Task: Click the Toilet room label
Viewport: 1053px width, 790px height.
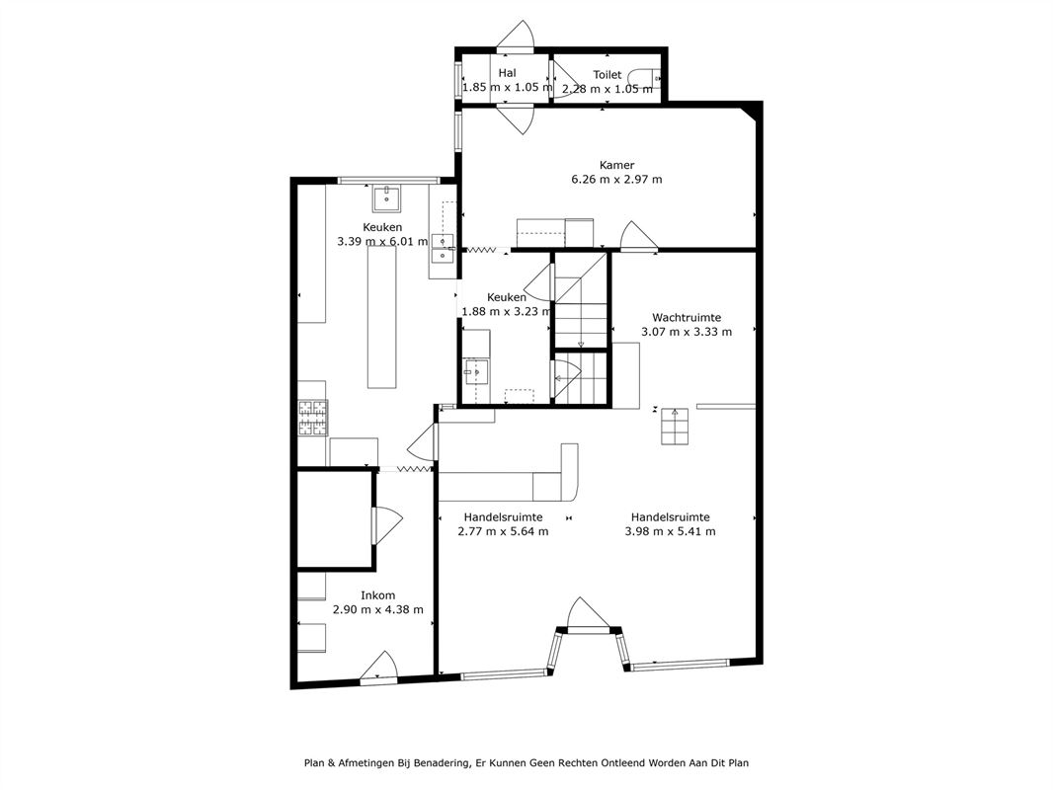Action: tap(607, 74)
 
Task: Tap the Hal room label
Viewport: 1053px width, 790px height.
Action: tap(507, 72)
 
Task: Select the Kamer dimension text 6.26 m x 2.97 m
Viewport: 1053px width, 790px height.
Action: tap(616, 179)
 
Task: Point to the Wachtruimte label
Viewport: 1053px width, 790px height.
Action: tap(687, 317)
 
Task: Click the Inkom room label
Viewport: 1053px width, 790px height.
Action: tap(378, 595)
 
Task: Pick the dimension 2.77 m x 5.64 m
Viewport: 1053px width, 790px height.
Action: tap(503, 531)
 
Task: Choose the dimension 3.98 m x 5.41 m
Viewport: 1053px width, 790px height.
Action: tap(670, 531)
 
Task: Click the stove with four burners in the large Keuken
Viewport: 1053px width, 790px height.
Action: tap(313, 418)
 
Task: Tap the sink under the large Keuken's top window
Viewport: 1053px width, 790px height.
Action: tap(387, 199)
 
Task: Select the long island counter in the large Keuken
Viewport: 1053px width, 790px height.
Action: tap(381, 317)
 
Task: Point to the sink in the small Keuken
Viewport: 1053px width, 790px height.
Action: tap(476, 371)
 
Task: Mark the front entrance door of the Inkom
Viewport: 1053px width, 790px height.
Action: tap(379, 667)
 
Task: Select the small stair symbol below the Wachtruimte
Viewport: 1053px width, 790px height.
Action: tap(675, 427)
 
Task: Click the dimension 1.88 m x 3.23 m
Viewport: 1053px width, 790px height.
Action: tap(507, 311)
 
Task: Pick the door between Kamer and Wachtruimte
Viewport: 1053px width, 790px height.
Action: tap(639, 237)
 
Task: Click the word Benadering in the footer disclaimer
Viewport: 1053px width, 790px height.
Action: tap(442, 763)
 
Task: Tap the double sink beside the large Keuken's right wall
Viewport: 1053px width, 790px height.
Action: tap(443, 248)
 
